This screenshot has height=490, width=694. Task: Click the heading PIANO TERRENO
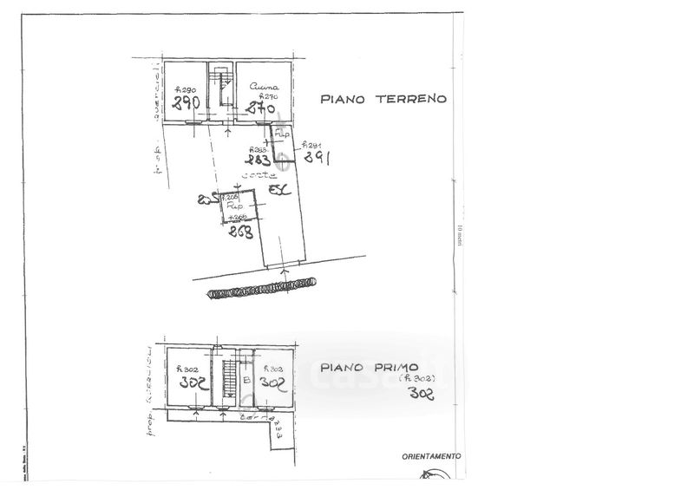point(383,99)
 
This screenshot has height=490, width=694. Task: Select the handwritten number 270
point(260,109)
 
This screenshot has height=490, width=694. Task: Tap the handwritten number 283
point(258,160)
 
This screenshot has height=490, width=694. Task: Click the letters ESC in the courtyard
point(278,190)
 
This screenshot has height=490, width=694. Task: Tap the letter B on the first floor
point(247,380)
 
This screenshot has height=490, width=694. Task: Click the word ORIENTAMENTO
point(431,456)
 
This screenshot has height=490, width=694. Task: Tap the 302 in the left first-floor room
point(190,382)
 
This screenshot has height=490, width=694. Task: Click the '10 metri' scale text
point(461,236)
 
